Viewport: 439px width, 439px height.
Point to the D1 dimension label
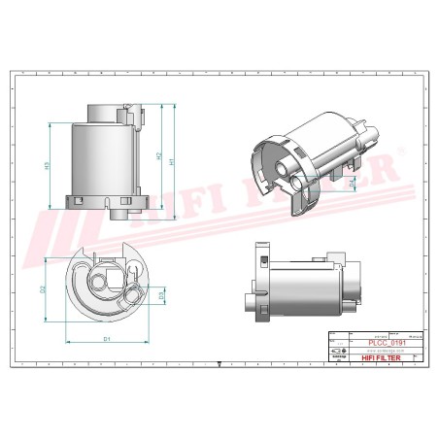coord(106,338)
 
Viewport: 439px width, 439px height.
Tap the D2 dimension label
coord(44,289)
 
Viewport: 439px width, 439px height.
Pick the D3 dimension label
coord(161,293)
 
